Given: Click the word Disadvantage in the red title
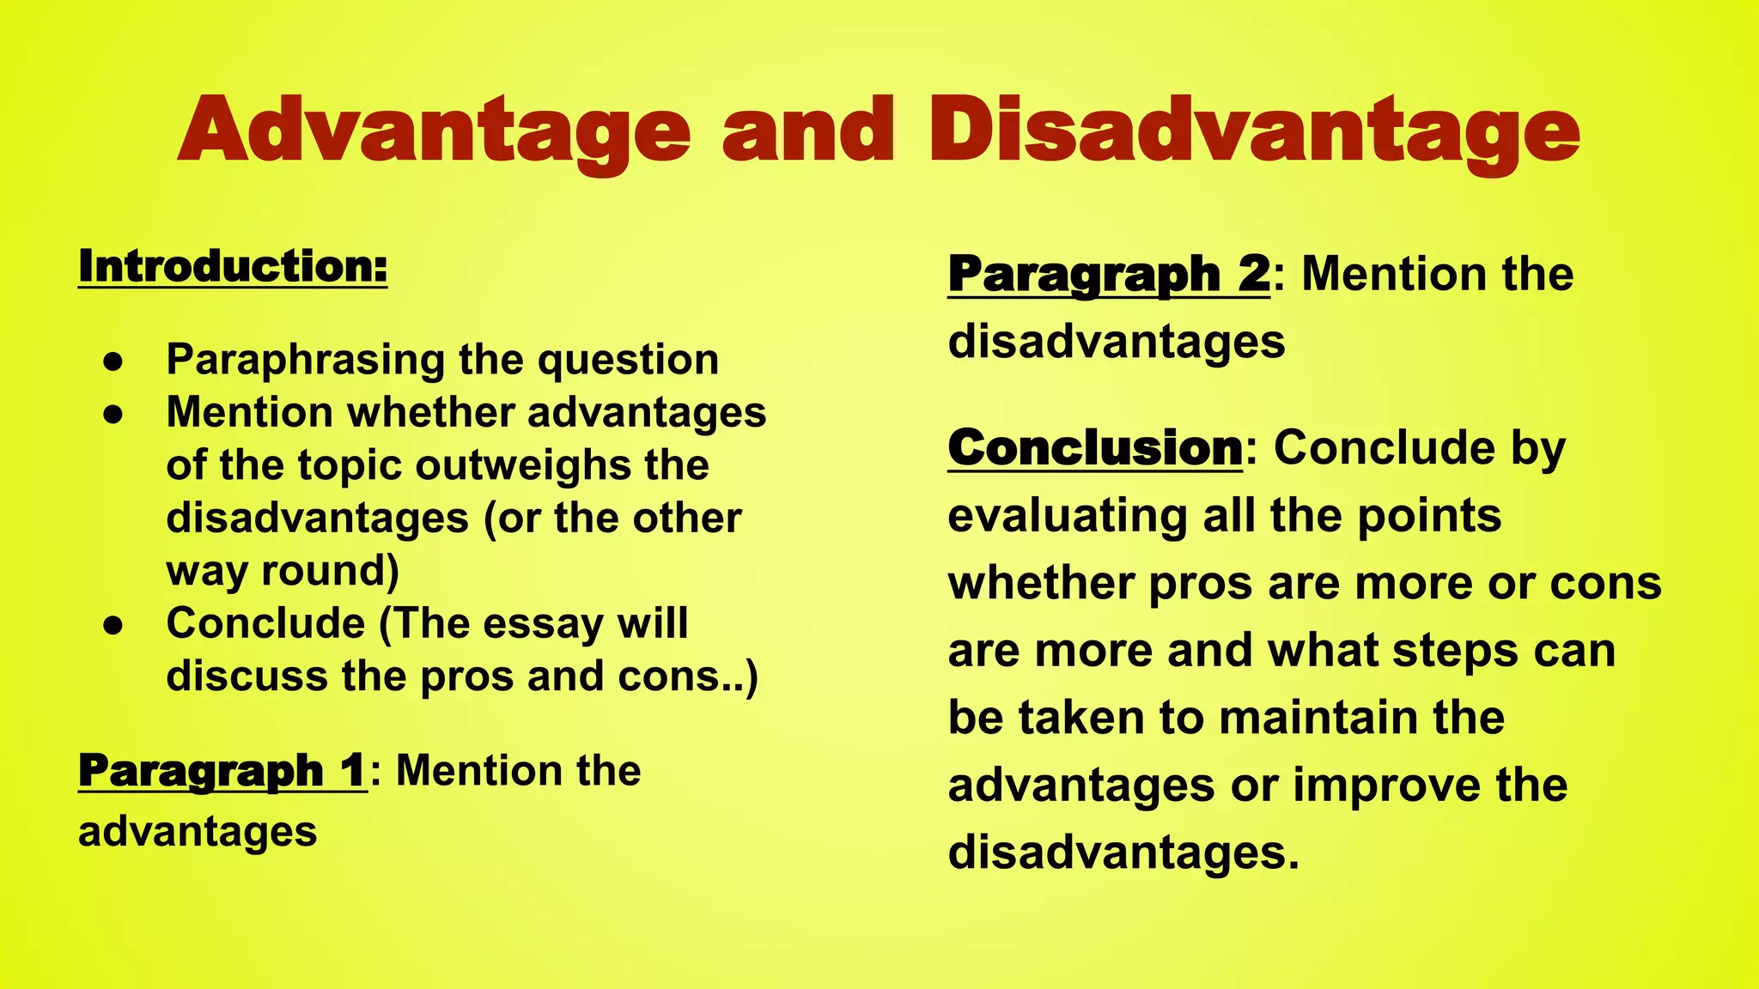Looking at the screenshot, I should [x=1253, y=130].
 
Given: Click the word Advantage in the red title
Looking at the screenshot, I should [x=434, y=130].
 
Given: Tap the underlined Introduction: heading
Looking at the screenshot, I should [x=233, y=266].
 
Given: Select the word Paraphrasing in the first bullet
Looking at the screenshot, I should [x=305, y=360].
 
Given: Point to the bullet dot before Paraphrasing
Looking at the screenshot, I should [x=113, y=361].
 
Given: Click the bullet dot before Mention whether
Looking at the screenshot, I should [x=113, y=415].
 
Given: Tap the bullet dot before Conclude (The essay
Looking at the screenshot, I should [x=113, y=626].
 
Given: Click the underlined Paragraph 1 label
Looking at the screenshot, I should [x=222, y=770].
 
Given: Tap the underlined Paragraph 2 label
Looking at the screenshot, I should [x=1108, y=275].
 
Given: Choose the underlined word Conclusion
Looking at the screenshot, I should [x=1095, y=448].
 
